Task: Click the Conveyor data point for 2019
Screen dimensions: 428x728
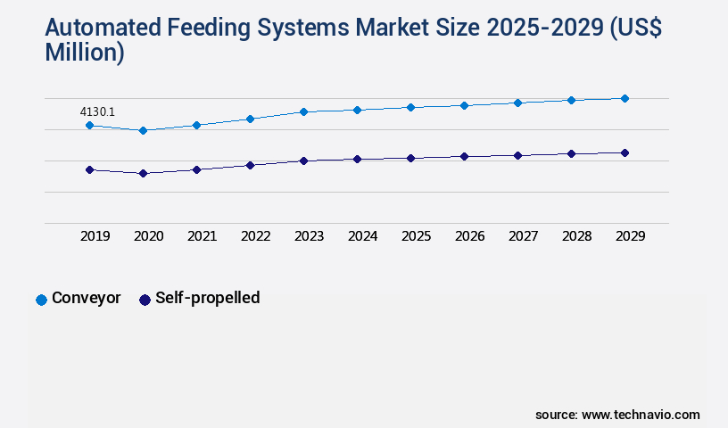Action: pos(89,126)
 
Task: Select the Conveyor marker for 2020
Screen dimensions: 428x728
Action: pos(143,130)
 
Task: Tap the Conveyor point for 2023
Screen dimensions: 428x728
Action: pos(303,111)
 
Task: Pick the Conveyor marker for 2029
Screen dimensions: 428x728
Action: pos(625,98)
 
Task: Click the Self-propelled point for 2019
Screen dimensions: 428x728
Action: pos(89,169)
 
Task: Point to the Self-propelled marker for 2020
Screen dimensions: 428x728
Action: pos(143,173)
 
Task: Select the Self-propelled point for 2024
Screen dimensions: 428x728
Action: pos(357,159)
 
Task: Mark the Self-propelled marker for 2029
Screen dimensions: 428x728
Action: pos(625,152)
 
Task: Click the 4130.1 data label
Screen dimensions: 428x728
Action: pos(97,111)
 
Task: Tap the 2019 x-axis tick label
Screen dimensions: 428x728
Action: pos(95,236)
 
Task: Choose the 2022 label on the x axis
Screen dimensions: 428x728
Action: pos(256,236)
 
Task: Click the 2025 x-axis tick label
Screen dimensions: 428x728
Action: pos(417,236)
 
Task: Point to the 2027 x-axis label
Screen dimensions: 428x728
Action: pos(524,236)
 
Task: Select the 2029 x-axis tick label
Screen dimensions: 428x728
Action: pos(631,236)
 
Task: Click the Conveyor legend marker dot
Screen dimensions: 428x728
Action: pos(41,300)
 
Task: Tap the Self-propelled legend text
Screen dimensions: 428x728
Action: pos(207,298)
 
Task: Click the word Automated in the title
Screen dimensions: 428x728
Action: pos(104,29)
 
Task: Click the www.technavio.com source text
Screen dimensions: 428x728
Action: pos(641,415)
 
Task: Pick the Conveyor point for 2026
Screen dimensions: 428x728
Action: pos(464,105)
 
